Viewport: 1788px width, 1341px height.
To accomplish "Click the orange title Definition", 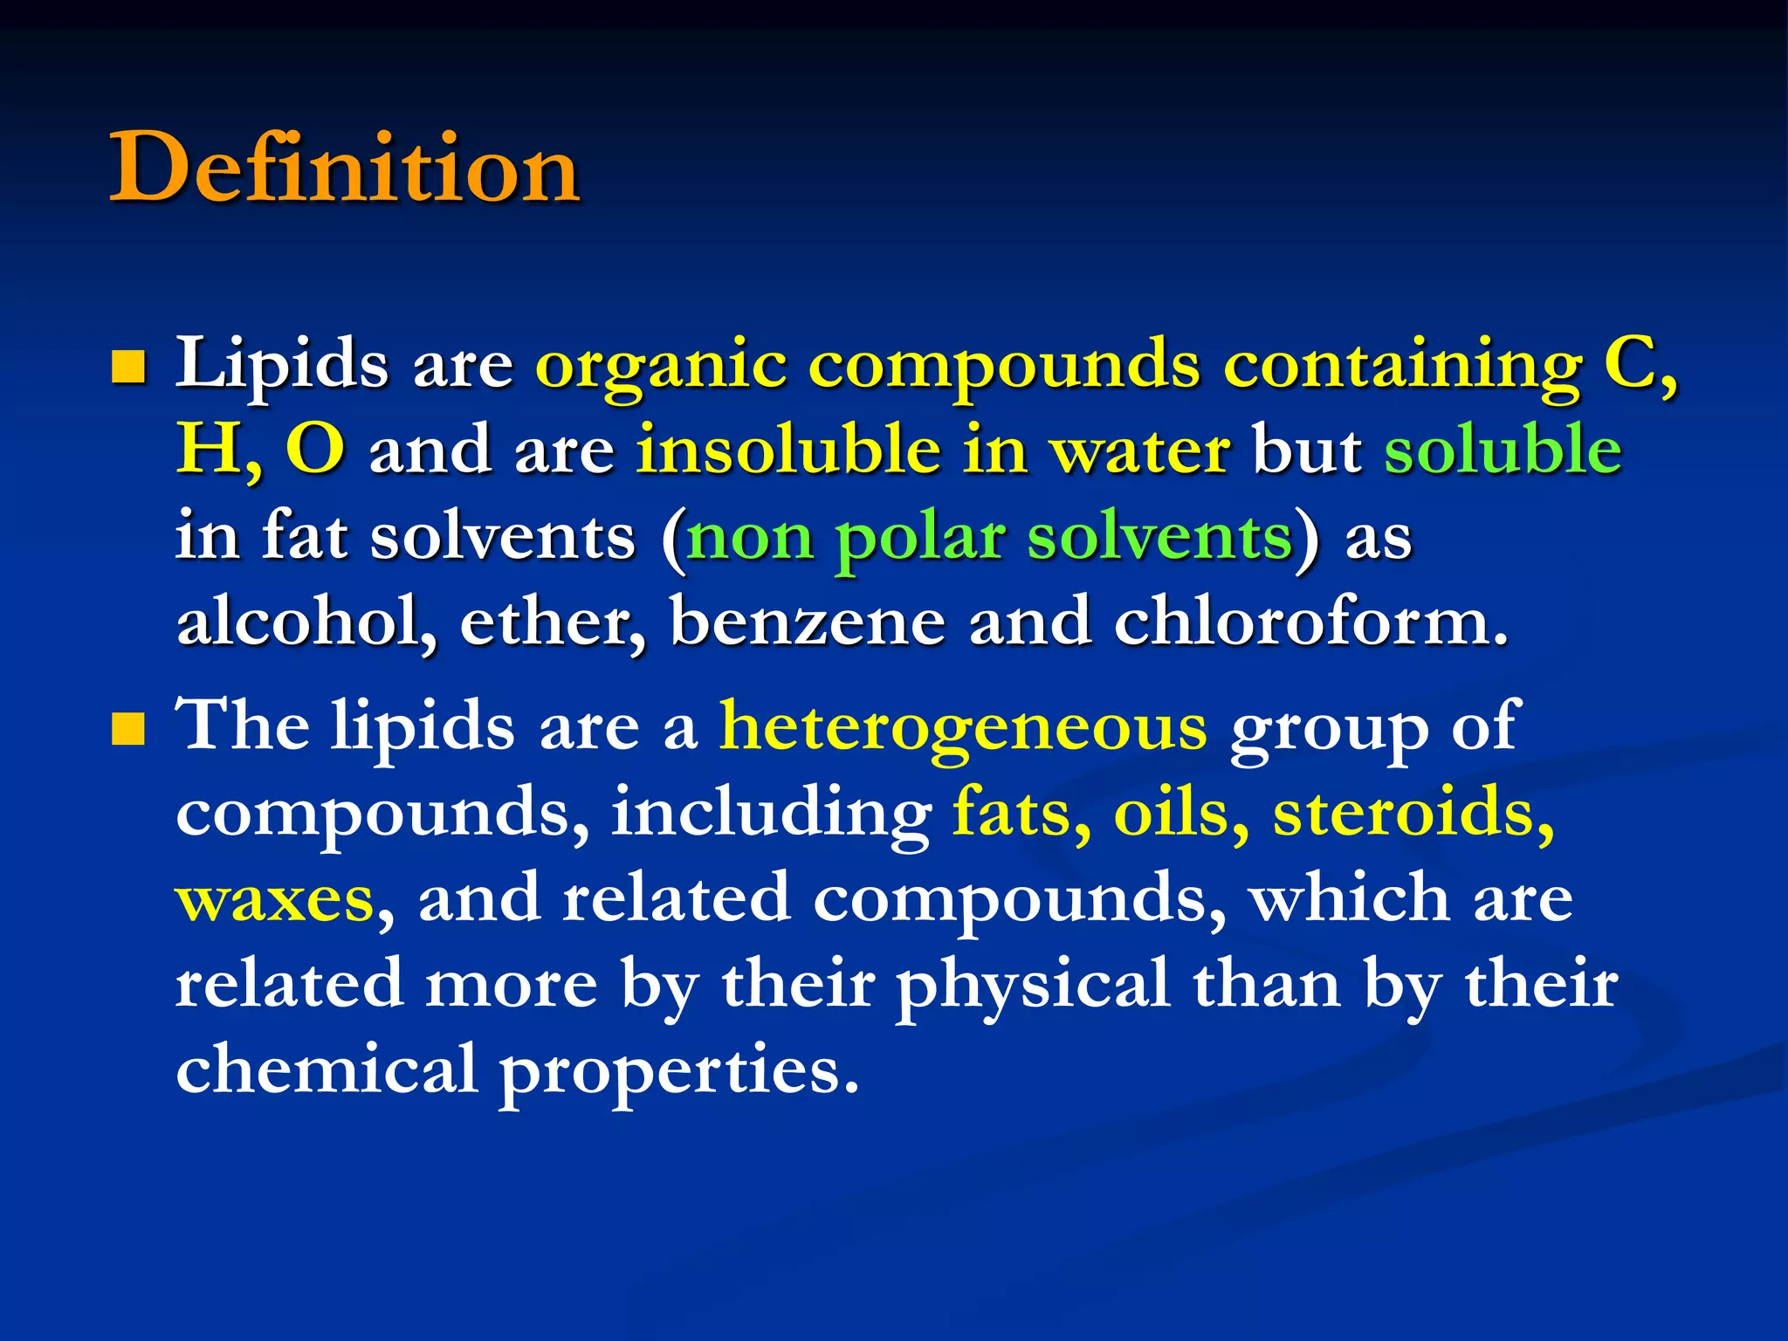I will [x=344, y=168].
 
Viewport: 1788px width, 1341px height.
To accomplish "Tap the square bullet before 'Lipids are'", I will [x=127, y=368].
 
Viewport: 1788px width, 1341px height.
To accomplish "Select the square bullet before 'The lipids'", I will [x=127, y=730].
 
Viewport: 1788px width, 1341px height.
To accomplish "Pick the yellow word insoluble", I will [x=787, y=450].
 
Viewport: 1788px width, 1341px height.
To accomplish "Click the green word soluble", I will [x=1503, y=450].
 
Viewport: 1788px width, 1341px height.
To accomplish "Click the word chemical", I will [x=326, y=1069].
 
